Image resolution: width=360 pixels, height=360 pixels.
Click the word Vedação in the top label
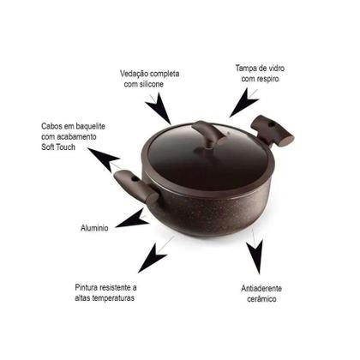[135, 74]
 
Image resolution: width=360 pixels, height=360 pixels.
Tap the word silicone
[152, 84]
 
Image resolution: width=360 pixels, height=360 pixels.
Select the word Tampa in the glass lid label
[244, 69]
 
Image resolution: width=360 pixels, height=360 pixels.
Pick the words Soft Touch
[58, 147]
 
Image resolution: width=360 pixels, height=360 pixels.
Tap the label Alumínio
[94, 228]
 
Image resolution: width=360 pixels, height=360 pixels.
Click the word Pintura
[87, 287]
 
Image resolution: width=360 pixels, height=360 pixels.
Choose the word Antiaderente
[261, 288]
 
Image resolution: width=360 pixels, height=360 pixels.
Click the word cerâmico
[261, 299]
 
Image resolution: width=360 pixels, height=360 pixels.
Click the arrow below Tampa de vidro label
[243, 103]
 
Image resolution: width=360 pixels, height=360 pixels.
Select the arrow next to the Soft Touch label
[104, 159]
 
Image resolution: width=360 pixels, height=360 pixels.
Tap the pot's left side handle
[135, 187]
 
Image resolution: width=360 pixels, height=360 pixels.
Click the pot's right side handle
[272, 131]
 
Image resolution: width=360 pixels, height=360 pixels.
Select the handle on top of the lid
[208, 135]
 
